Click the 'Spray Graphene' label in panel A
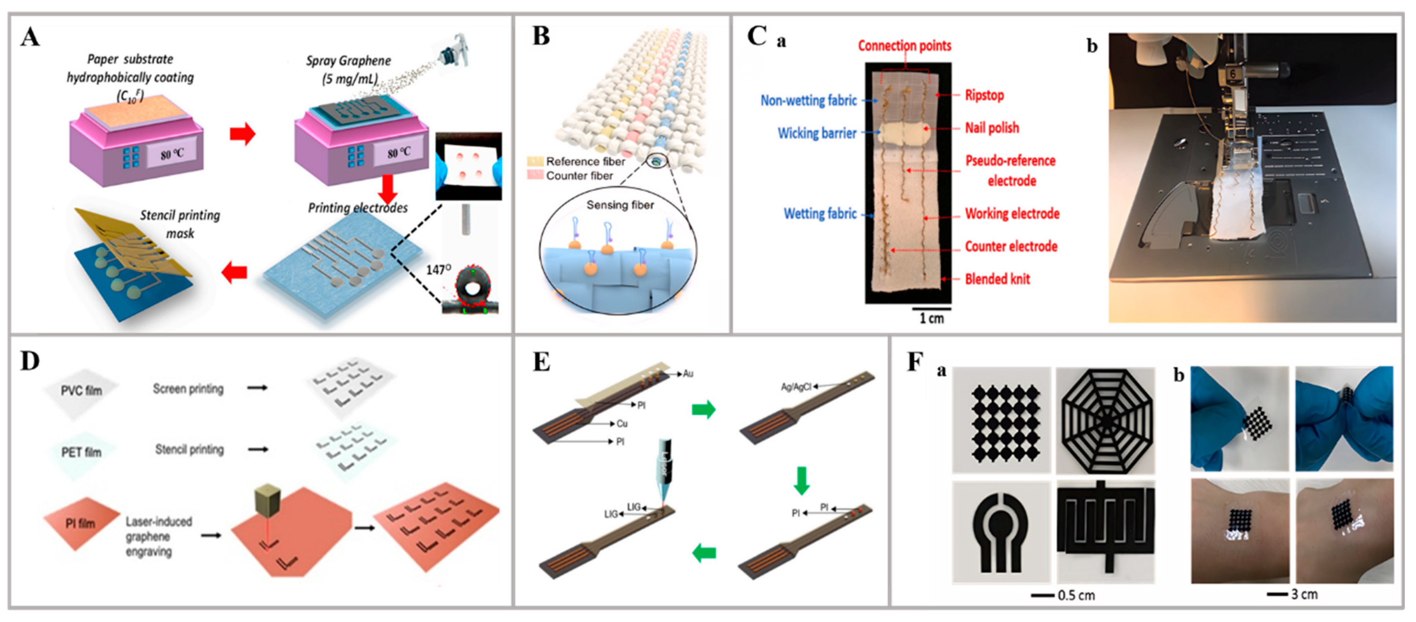click(348, 60)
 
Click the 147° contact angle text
click(438, 270)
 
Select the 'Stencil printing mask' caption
click(180, 224)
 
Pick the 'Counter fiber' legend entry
click(579, 176)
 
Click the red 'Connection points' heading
click(904, 45)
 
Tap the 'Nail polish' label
click(992, 128)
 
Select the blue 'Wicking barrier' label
click(817, 133)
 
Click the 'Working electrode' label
click(1011, 214)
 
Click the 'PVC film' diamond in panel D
click(81, 391)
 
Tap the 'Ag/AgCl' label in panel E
click(795, 387)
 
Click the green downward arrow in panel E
click(801, 481)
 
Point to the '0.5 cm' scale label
click(1076, 596)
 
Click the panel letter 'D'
click(30, 361)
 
